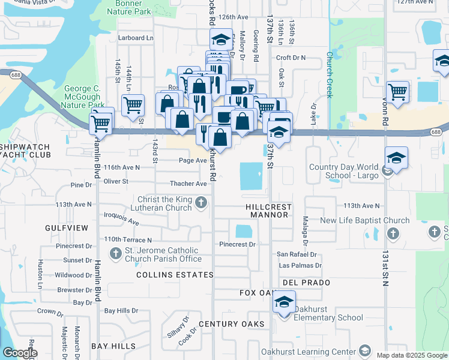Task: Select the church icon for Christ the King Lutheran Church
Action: [x=202, y=204]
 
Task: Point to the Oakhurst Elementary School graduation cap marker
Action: [x=284, y=302]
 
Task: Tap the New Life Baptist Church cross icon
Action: [x=392, y=233]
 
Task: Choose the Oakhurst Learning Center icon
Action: [x=364, y=352]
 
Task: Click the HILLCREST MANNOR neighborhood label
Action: [x=270, y=211]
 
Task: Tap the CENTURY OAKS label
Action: [x=231, y=324]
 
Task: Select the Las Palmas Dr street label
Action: [x=300, y=265]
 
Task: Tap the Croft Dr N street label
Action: [x=291, y=58]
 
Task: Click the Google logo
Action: [x=20, y=353]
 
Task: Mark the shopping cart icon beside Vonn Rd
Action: [x=397, y=93]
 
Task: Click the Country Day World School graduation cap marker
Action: [x=396, y=159]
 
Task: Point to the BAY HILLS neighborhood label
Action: [x=113, y=347]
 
